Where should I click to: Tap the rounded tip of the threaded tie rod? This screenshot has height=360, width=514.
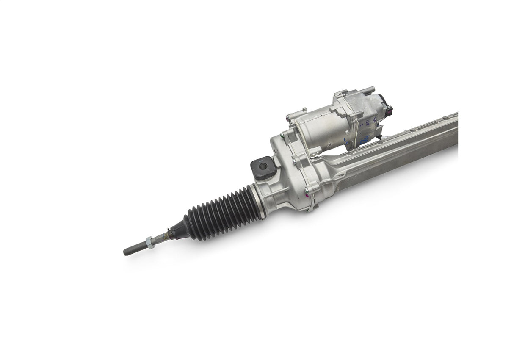(x=126, y=252)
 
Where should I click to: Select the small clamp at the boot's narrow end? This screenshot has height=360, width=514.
(x=170, y=233)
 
